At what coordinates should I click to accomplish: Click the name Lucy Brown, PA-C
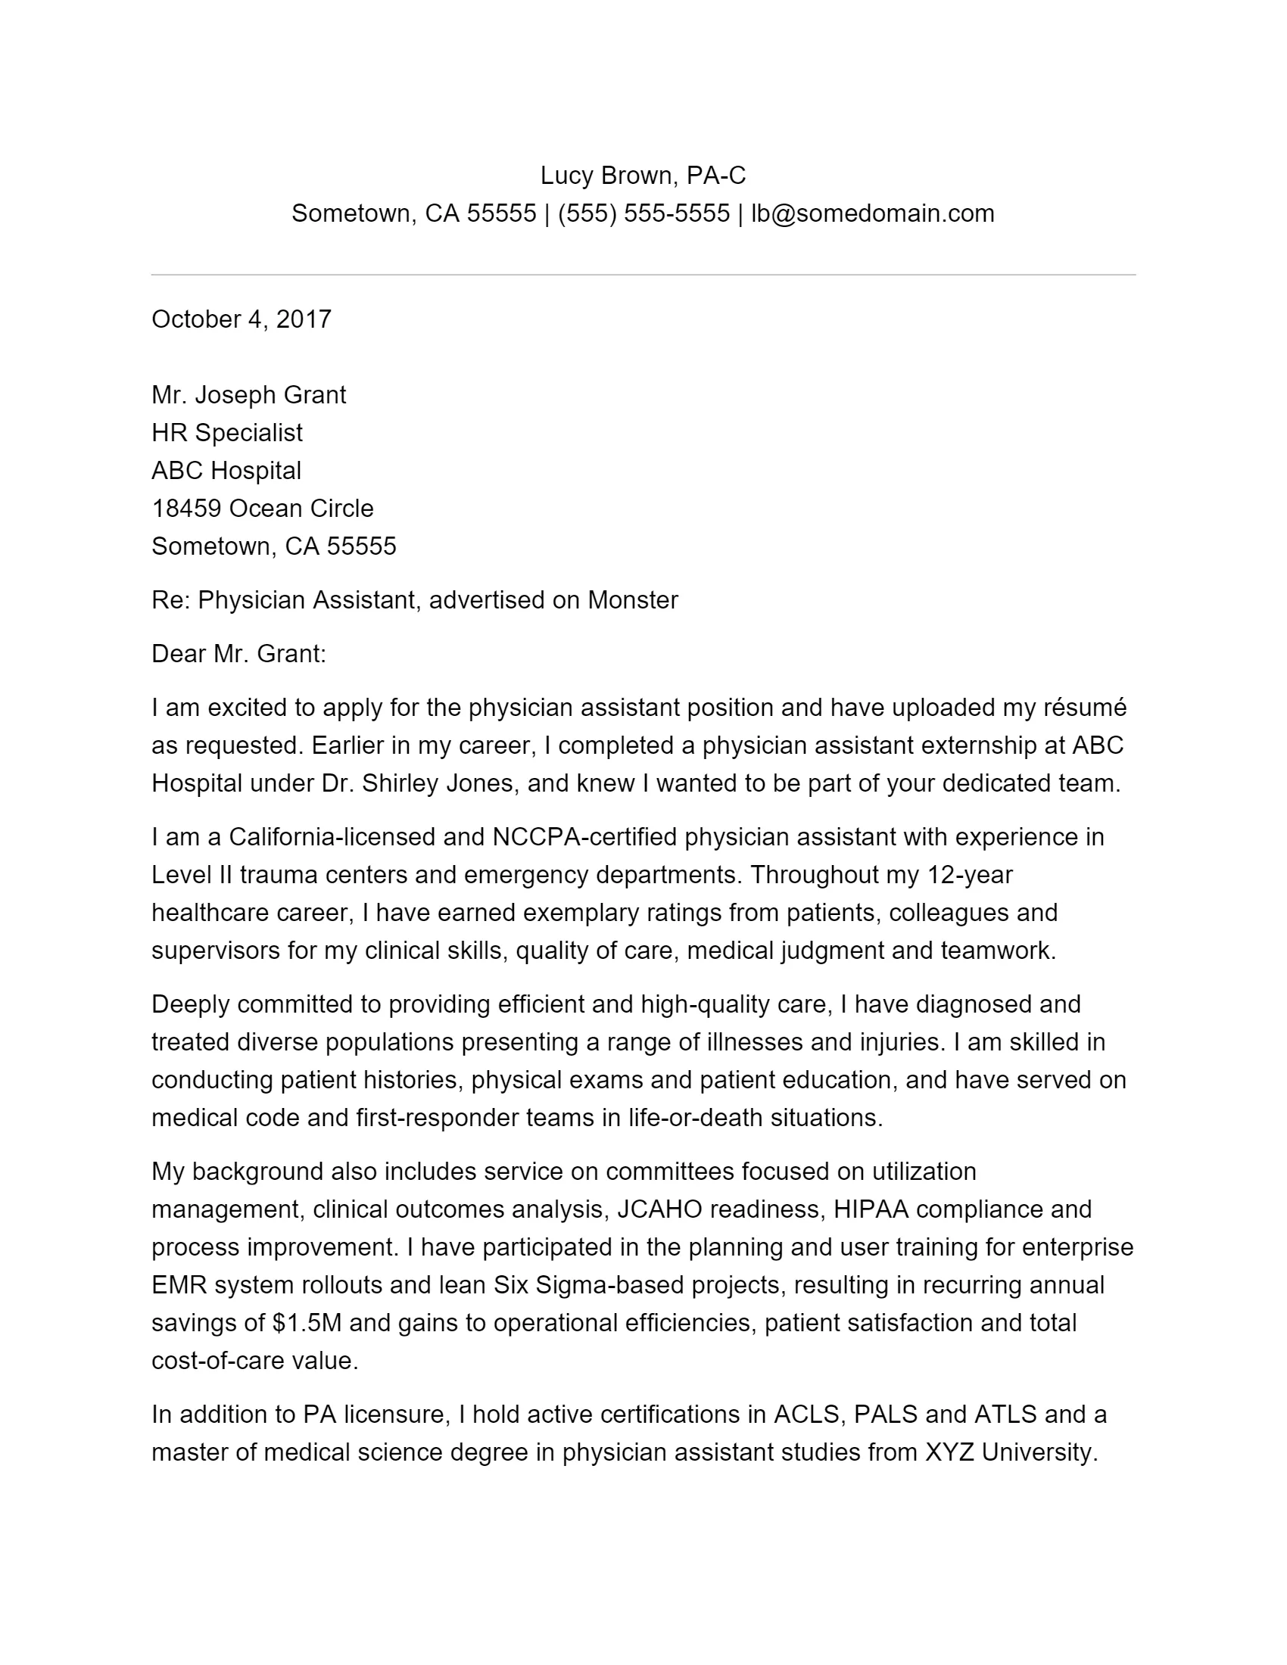[x=643, y=176]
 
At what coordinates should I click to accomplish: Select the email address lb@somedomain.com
[x=872, y=213]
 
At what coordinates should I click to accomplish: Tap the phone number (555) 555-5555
[x=643, y=213]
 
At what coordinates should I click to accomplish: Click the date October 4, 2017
[x=242, y=319]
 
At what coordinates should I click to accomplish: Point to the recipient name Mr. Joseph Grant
[x=248, y=395]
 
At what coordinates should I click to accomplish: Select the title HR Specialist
[x=227, y=433]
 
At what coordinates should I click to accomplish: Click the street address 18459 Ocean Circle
[x=262, y=509]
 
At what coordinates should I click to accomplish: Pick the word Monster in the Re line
[x=632, y=600]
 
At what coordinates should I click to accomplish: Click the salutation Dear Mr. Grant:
[x=238, y=654]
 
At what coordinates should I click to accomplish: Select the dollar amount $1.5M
[x=307, y=1323]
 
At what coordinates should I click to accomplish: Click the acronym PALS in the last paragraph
[x=885, y=1414]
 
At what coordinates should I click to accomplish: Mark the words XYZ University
[x=1011, y=1452]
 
